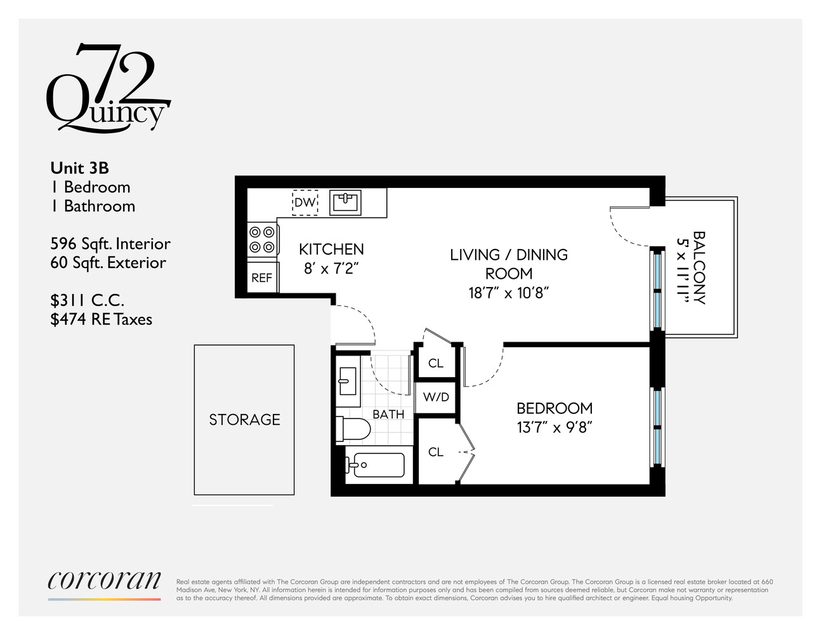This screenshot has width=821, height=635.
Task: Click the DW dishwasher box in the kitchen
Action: pos(305,203)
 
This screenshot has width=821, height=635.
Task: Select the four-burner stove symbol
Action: pos(263,240)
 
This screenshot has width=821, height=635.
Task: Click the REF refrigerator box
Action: pos(262,277)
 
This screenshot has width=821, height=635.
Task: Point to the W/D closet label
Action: pos(436,398)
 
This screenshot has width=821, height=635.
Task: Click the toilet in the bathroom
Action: pos(353,429)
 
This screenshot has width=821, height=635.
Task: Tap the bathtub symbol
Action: pos(375,465)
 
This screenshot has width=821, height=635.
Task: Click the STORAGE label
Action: pos(244,420)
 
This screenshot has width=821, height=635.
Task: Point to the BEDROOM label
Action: pos(555,408)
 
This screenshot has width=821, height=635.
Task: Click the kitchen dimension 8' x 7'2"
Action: pos(331,269)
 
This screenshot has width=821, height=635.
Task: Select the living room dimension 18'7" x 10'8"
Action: pos(508,293)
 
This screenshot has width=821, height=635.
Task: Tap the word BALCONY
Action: pos(699,267)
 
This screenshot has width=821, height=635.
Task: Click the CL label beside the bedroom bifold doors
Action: pos(436,452)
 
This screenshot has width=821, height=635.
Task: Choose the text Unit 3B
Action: pos(80,168)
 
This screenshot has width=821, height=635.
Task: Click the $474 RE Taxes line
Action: pos(102,319)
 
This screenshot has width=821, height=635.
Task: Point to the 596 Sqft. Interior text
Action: pos(110,244)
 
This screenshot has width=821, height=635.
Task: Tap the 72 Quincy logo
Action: pos(108,89)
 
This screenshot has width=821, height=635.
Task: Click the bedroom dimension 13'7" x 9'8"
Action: pos(555,427)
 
